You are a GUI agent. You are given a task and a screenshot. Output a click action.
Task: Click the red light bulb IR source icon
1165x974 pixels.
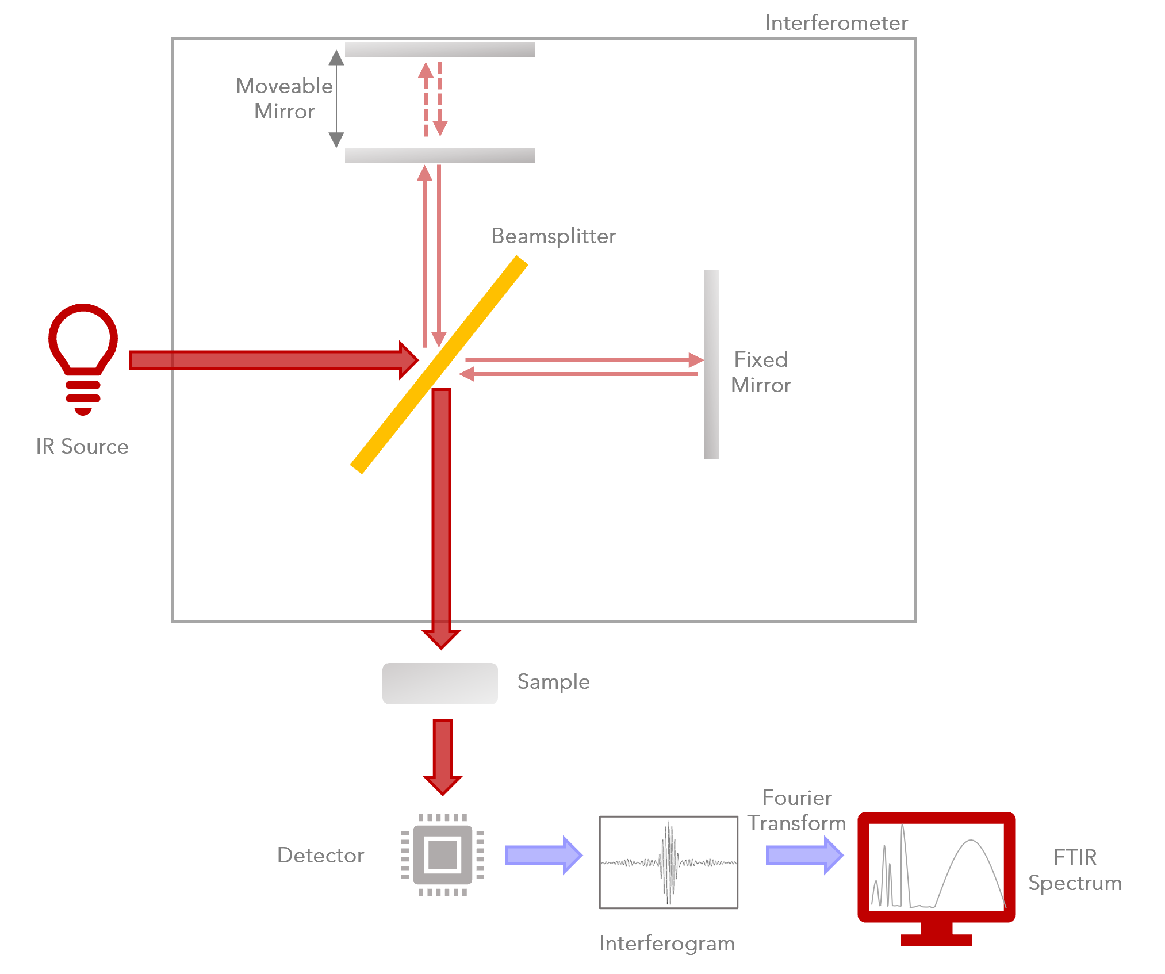[83, 356]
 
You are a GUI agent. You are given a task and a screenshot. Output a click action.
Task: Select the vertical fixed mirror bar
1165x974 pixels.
[711, 365]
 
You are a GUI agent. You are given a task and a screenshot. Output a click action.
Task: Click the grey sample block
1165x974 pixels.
[440, 683]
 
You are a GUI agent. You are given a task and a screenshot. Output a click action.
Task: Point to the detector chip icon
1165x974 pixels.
[442, 855]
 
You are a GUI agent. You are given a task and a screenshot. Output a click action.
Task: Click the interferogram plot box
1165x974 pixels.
[668, 862]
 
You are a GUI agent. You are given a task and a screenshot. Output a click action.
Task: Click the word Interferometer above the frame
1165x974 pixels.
[836, 23]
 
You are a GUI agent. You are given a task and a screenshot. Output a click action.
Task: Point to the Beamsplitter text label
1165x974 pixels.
[553, 236]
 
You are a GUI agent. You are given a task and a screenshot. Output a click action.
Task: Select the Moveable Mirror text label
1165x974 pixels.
[284, 98]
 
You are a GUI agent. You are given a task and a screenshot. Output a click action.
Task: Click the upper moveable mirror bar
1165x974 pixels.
[439, 49]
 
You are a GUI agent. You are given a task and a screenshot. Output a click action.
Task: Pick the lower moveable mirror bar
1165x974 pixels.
[439, 155]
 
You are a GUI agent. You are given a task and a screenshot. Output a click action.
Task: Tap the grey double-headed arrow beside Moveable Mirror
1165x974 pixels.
[336, 98]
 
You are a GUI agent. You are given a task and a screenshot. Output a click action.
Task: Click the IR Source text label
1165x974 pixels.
[82, 447]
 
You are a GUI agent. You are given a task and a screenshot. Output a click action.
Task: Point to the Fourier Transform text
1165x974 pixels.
[797, 810]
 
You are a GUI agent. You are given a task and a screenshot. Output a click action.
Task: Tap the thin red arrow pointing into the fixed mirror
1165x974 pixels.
[581, 361]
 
